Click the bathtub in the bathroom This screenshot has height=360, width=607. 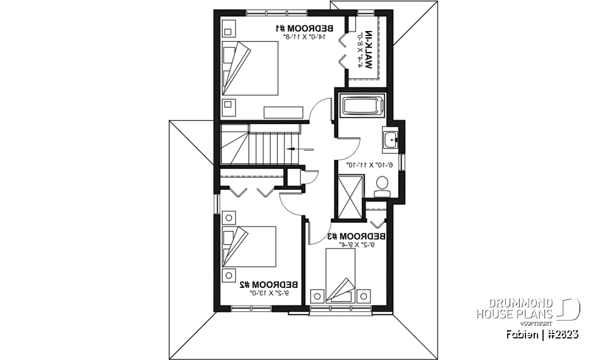(362, 106)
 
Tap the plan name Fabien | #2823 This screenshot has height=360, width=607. (543, 334)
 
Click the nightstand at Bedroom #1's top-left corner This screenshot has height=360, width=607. (228, 28)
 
